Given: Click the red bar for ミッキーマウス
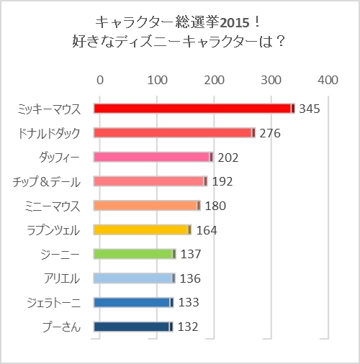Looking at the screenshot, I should [x=194, y=109].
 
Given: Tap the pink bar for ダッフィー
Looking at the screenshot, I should [x=153, y=158].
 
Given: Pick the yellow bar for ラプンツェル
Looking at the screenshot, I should [x=143, y=229].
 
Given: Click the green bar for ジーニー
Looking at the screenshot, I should [x=135, y=254].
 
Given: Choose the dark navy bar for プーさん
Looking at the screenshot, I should [x=133, y=327].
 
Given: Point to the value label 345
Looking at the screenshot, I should [x=309, y=109].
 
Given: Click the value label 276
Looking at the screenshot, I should [x=269, y=133].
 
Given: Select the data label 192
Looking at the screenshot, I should [x=222, y=181].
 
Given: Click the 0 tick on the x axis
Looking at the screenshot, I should [x=99, y=79].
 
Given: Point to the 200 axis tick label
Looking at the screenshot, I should [x=214, y=79].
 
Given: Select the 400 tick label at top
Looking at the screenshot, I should [x=328, y=79].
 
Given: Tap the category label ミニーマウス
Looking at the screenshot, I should [x=56, y=206].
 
